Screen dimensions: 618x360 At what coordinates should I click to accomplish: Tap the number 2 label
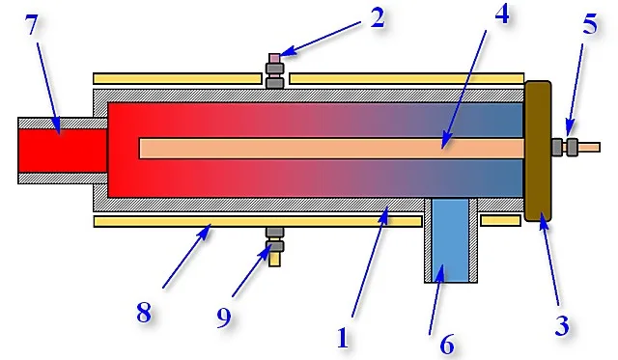click(378, 18)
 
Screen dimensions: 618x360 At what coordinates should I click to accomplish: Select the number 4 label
click(502, 14)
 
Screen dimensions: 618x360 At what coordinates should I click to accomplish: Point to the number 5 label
click(590, 24)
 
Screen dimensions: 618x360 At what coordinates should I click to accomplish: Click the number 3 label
click(562, 325)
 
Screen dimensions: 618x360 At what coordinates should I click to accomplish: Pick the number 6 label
click(447, 345)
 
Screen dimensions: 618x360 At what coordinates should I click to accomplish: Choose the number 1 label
click(343, 338)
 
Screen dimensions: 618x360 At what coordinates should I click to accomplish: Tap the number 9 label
click(224, 318)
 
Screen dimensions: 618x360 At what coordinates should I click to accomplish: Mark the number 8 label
click(144, 313)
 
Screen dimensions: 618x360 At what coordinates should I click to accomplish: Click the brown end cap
click(538, 152)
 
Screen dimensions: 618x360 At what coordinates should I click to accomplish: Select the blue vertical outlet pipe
click(450, 240)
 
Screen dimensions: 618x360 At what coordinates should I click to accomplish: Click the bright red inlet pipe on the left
click(63, 151)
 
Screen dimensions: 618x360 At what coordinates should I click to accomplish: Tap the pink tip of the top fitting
click(274, 58)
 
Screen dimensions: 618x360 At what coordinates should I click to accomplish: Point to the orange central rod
click(331, 148)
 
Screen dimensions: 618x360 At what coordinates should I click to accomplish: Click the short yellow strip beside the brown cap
click(500, 221)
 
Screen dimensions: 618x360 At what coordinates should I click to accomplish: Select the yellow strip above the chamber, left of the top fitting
click(178, 78)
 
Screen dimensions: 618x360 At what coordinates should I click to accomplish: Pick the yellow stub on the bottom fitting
click(274, 260)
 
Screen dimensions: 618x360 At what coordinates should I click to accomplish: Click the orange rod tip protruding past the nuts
click(589, 148)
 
